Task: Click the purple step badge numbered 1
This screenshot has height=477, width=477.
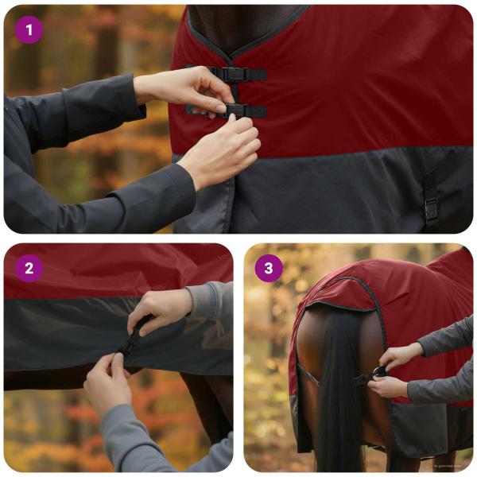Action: pos(29,30)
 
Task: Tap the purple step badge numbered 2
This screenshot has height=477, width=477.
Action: pos(29,268)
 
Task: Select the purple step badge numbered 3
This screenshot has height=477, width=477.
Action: pos(269,268)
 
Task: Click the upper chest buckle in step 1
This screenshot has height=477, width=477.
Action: pos(232,74)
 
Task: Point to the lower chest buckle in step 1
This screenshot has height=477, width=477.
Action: pos(235,110)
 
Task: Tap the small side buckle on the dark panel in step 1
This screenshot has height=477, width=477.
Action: pos(431,208)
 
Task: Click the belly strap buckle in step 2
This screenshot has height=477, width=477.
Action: pos(130,344)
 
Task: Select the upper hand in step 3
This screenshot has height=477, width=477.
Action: pos(402,355)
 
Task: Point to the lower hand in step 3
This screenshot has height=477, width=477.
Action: pos(390,386)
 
